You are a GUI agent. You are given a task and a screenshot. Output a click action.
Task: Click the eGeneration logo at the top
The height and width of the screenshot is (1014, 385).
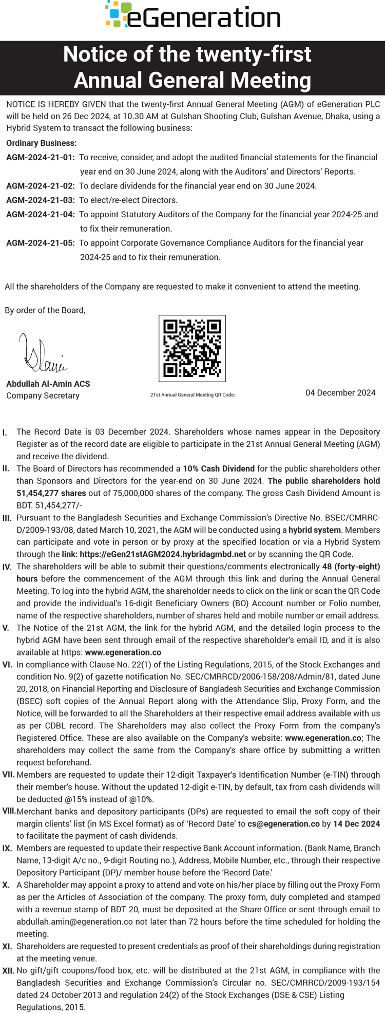pyautogui.click(x=192, y=15)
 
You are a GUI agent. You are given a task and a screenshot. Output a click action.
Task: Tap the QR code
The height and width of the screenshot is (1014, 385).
pyautogui.click(x=192, y=348)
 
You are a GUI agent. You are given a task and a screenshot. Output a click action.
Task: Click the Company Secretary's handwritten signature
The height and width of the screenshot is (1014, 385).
pyautogui.click(x=43, y=354)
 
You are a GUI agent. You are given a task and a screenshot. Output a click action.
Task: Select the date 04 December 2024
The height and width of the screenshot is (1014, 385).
pyautogui.click(x=340, y=392)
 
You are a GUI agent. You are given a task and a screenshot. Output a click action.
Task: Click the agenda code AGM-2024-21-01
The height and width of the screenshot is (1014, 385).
pyautogui.click(x=40, y=157)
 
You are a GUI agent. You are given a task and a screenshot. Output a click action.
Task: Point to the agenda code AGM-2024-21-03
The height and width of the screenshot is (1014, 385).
pyautogui.click(x=40, y=200)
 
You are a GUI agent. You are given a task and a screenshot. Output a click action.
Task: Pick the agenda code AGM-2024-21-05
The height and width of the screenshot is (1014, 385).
pyautogui.click(x=40, y=242)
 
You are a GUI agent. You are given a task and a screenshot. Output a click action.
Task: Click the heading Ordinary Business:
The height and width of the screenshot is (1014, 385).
pyautogui.click(x=41, y=143)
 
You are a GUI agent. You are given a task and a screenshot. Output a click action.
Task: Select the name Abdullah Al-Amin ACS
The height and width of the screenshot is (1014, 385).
pyautogui.click(x=48, y=384)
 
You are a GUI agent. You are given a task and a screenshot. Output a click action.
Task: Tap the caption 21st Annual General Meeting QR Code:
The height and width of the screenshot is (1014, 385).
pyautogui.click(x=192, y=395)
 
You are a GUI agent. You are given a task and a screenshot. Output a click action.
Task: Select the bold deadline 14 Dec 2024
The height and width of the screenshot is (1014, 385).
pyautogui.click(x=357, y=823)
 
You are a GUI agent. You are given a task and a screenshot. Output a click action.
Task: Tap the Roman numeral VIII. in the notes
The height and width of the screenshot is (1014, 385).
pyautogui.click(x=9, y=811)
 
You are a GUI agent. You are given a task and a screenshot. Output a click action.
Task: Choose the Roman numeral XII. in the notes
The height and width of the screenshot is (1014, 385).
pyautogui.click(x=8, y=970)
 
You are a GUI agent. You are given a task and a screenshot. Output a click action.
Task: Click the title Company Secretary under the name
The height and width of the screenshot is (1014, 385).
pyautogui.click(x=43, y=396)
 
